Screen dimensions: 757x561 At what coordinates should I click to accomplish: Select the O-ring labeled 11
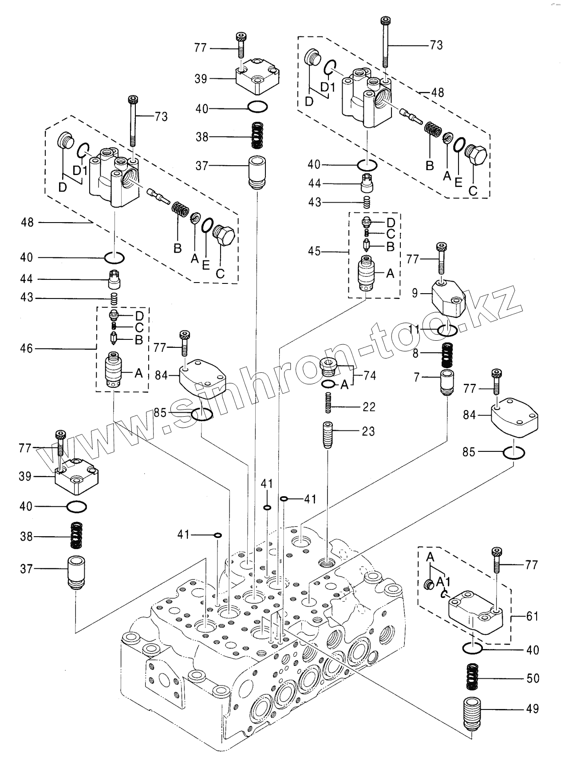pos(447,330)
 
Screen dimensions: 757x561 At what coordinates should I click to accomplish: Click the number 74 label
pos(370,375)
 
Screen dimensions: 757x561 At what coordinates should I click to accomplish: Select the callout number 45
pos(314,251)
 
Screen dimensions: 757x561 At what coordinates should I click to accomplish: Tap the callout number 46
pos(27,349)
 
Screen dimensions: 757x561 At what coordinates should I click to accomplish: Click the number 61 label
pos(533,617)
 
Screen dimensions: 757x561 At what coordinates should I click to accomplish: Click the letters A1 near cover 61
pos(441,582)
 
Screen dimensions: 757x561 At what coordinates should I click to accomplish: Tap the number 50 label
pos(533,678)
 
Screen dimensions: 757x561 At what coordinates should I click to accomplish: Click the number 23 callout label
pos(368,431)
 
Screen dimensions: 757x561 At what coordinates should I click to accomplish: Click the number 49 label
pos(533,709)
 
